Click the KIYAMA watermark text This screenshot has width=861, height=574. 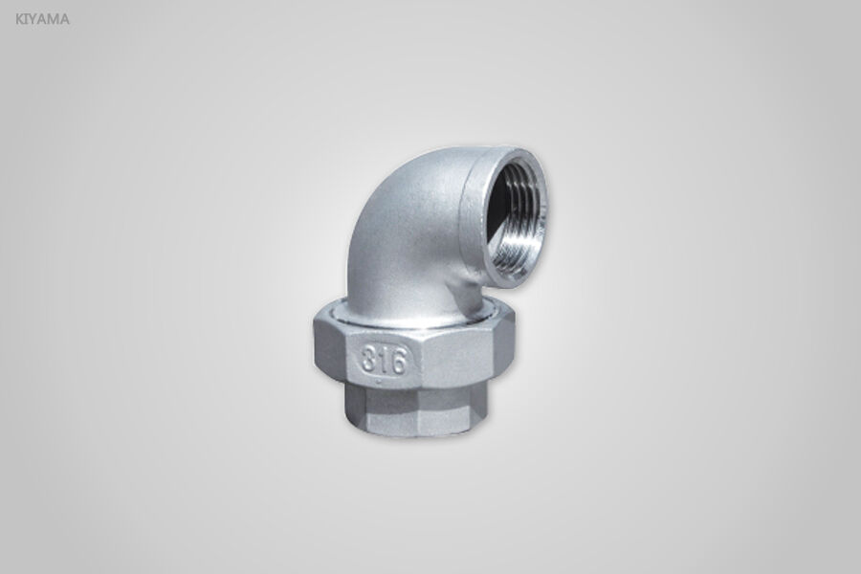pos(42,18)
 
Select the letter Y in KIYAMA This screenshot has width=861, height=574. pos(34,18)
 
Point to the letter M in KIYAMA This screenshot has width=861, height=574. pos(54,18)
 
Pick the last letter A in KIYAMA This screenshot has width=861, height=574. pos(64,18)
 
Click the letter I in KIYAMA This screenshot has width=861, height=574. pos(27,18)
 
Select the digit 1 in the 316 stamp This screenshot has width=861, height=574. pos(384,360)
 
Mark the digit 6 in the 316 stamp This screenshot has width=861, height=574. pos(399,362)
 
